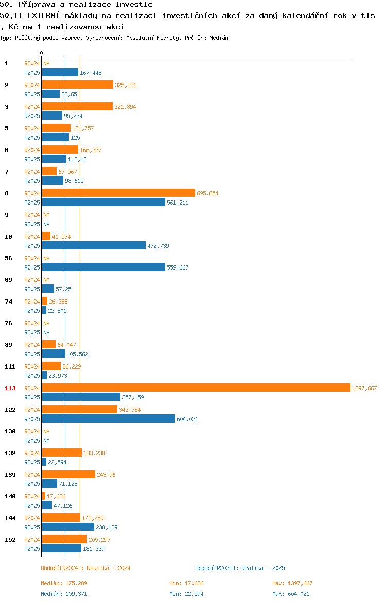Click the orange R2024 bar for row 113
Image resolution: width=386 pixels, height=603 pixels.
(x=196, y=388)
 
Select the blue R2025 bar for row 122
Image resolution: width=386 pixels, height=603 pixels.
(x=109, y=419)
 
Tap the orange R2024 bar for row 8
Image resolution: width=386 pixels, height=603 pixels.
(x=119, y=193)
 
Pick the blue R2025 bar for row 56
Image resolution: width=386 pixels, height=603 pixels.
(x=103, y=267)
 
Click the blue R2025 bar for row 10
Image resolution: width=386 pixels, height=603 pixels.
(x=94, y=246)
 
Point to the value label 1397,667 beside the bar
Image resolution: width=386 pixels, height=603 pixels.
(x=364, y=389)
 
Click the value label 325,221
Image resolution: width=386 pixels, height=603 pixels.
(x=126, y=86)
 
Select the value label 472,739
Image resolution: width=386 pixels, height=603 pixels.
(x=158, y=246)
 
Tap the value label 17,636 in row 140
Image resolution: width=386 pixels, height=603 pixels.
(x=56, y=496)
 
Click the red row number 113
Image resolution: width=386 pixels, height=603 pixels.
(x=10, y=389)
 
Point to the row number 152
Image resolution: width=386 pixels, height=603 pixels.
(x=10, y=540)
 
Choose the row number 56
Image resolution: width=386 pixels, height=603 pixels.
(x=8, y=258)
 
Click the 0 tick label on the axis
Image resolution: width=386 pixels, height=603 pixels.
(x=42, y=54)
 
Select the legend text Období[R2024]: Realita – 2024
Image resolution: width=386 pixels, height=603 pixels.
(x=85, y=568)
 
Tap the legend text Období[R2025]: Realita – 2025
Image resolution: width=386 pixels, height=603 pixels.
(x=240, y=568)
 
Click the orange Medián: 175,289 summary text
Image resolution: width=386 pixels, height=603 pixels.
(x=64, y=583)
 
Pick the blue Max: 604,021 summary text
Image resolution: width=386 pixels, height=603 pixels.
(x=291, y=594)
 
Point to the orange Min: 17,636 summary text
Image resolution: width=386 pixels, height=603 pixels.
(x=187, y=583)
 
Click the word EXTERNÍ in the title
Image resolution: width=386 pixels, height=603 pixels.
(x=43, y=16)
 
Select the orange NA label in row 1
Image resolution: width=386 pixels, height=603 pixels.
(x=46, y=64)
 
